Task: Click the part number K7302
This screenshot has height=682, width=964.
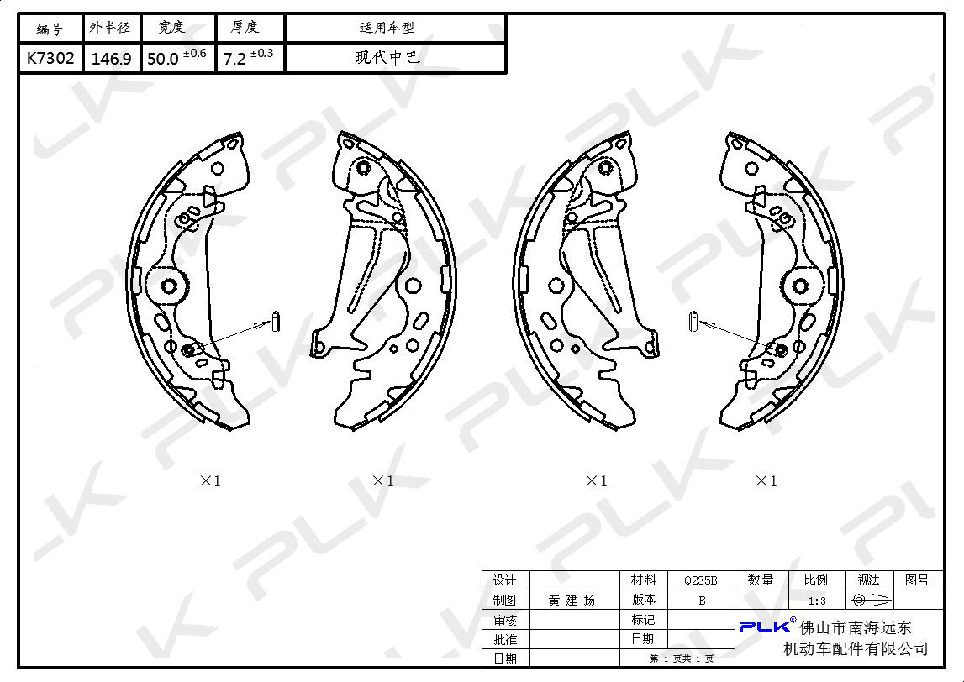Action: point(50,58)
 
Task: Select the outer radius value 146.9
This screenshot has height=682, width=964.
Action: point(111,59)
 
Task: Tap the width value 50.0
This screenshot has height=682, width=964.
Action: point(163,59)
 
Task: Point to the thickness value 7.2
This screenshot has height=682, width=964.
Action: point(234,59)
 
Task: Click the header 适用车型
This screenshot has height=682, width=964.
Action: point(387,28)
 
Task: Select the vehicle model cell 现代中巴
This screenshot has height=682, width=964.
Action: point(388,58)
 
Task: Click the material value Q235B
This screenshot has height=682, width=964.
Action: point(700,580)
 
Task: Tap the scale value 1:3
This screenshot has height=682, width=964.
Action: point(816,601)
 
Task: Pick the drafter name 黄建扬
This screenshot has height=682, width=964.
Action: point(572,601)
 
